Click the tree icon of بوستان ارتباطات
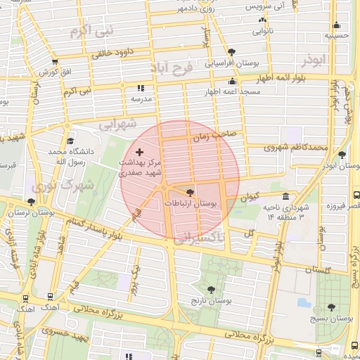tap(190, 192)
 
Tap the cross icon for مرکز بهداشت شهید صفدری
tap(139, 152)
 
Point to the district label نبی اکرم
tap(91, 32)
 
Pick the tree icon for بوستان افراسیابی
tap(232, 51)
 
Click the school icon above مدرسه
tap(140, 89)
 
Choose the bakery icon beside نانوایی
tap(252, 22)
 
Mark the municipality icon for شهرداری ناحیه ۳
tap(285, 197)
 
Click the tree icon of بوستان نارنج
tap(210, 290)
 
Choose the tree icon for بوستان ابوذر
tap(342, 155)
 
